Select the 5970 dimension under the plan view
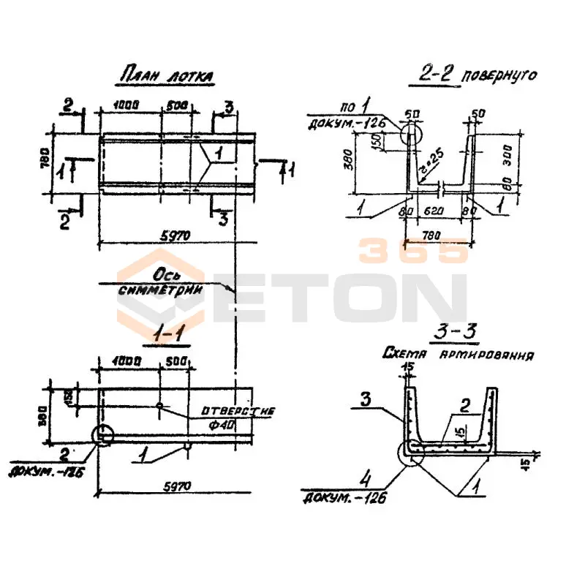click(174, 235)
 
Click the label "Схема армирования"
click(458, 355)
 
